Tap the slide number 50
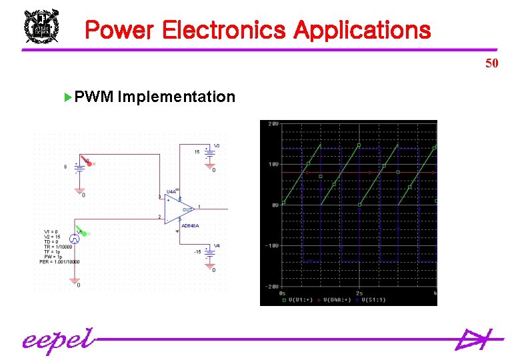coord(492,64)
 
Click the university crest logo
coord(42,27)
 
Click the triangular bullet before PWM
coord(67,97)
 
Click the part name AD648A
coord(190,226)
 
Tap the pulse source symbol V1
coord(75,238)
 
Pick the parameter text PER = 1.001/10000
coord(59,262)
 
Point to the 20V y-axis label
coord(273,125)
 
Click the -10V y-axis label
coord(272,246)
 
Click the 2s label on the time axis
coord(359,293)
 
